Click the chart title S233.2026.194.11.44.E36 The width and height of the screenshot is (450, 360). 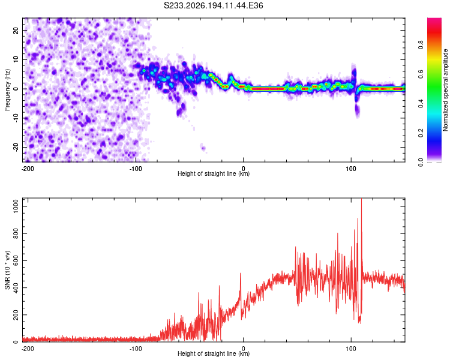tap(213, 5)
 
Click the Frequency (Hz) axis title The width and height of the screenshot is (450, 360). tap(7, 90)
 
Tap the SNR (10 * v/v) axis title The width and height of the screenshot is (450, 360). tap(7, 270)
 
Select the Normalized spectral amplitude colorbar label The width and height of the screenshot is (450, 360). tap(445, 90)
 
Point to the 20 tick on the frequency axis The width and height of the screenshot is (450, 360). tap(16, 30)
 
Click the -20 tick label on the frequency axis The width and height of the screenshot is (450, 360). tap(16, 147)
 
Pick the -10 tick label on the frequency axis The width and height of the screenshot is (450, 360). tap(16, 118)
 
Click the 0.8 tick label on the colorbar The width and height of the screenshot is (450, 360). tap(421, 44)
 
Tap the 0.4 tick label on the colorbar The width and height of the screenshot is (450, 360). tap(421, 103)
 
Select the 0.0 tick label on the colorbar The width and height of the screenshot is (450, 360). tap(421, 162)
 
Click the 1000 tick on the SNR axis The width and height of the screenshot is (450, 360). tap(16, 206)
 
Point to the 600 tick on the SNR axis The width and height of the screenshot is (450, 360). tap(16, 260)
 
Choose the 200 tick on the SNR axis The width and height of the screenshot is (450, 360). tap(16, 314)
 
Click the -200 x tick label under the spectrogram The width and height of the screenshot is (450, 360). tap(28, 169)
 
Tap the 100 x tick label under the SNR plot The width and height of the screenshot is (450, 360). tap(351, 349)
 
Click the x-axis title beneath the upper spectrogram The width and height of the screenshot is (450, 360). tap(214, 173)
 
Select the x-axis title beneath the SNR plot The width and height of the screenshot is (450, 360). tap(214, 353)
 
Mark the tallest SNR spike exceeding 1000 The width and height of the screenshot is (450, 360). tap(361, 200)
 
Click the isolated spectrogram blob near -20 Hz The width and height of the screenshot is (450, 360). tap(203, 148)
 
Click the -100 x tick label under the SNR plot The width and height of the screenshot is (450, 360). tap(136, 349)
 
